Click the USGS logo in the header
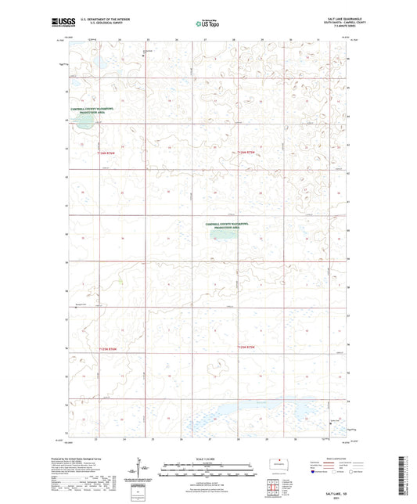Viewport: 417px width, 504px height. (x=55, y=23)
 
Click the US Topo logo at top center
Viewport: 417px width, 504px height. (x=207, y=23)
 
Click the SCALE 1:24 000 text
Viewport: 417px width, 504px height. (x=208, y=457)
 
